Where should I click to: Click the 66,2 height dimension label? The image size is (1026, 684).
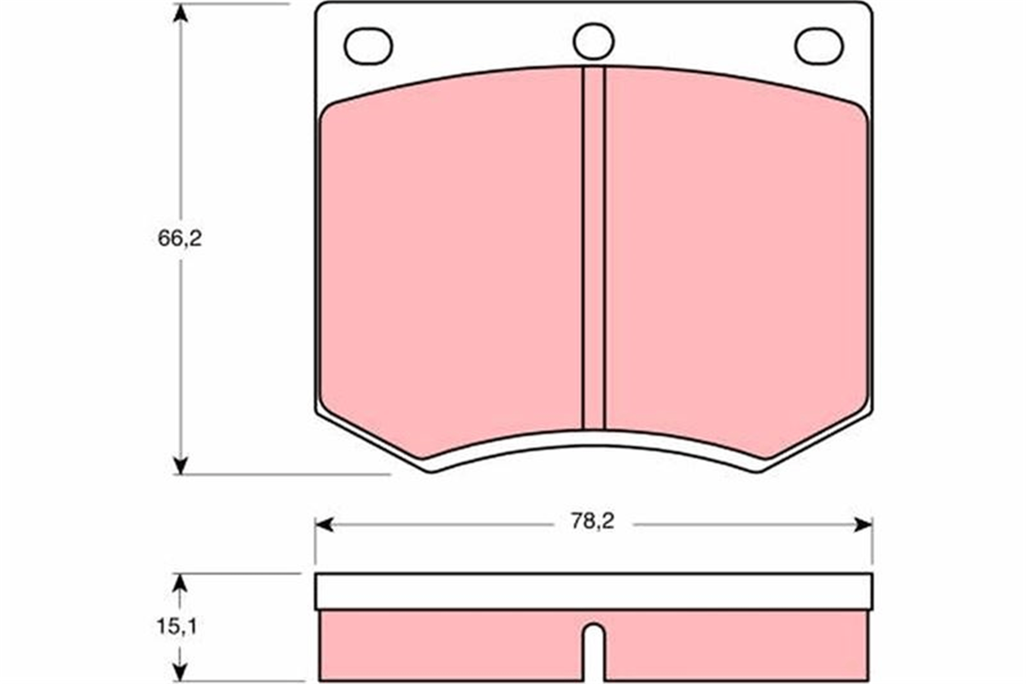point(180,238)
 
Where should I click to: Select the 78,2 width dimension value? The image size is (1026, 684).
point(593,522)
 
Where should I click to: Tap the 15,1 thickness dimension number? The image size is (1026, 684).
point(177,626)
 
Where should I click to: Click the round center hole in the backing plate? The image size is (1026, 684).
point(594,41)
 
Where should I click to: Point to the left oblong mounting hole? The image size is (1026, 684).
point(368,46)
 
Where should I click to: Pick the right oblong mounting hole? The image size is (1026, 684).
point(819,46)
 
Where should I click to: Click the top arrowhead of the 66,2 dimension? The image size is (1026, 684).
point(180,13)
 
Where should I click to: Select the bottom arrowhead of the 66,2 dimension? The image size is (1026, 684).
point(180,465)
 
